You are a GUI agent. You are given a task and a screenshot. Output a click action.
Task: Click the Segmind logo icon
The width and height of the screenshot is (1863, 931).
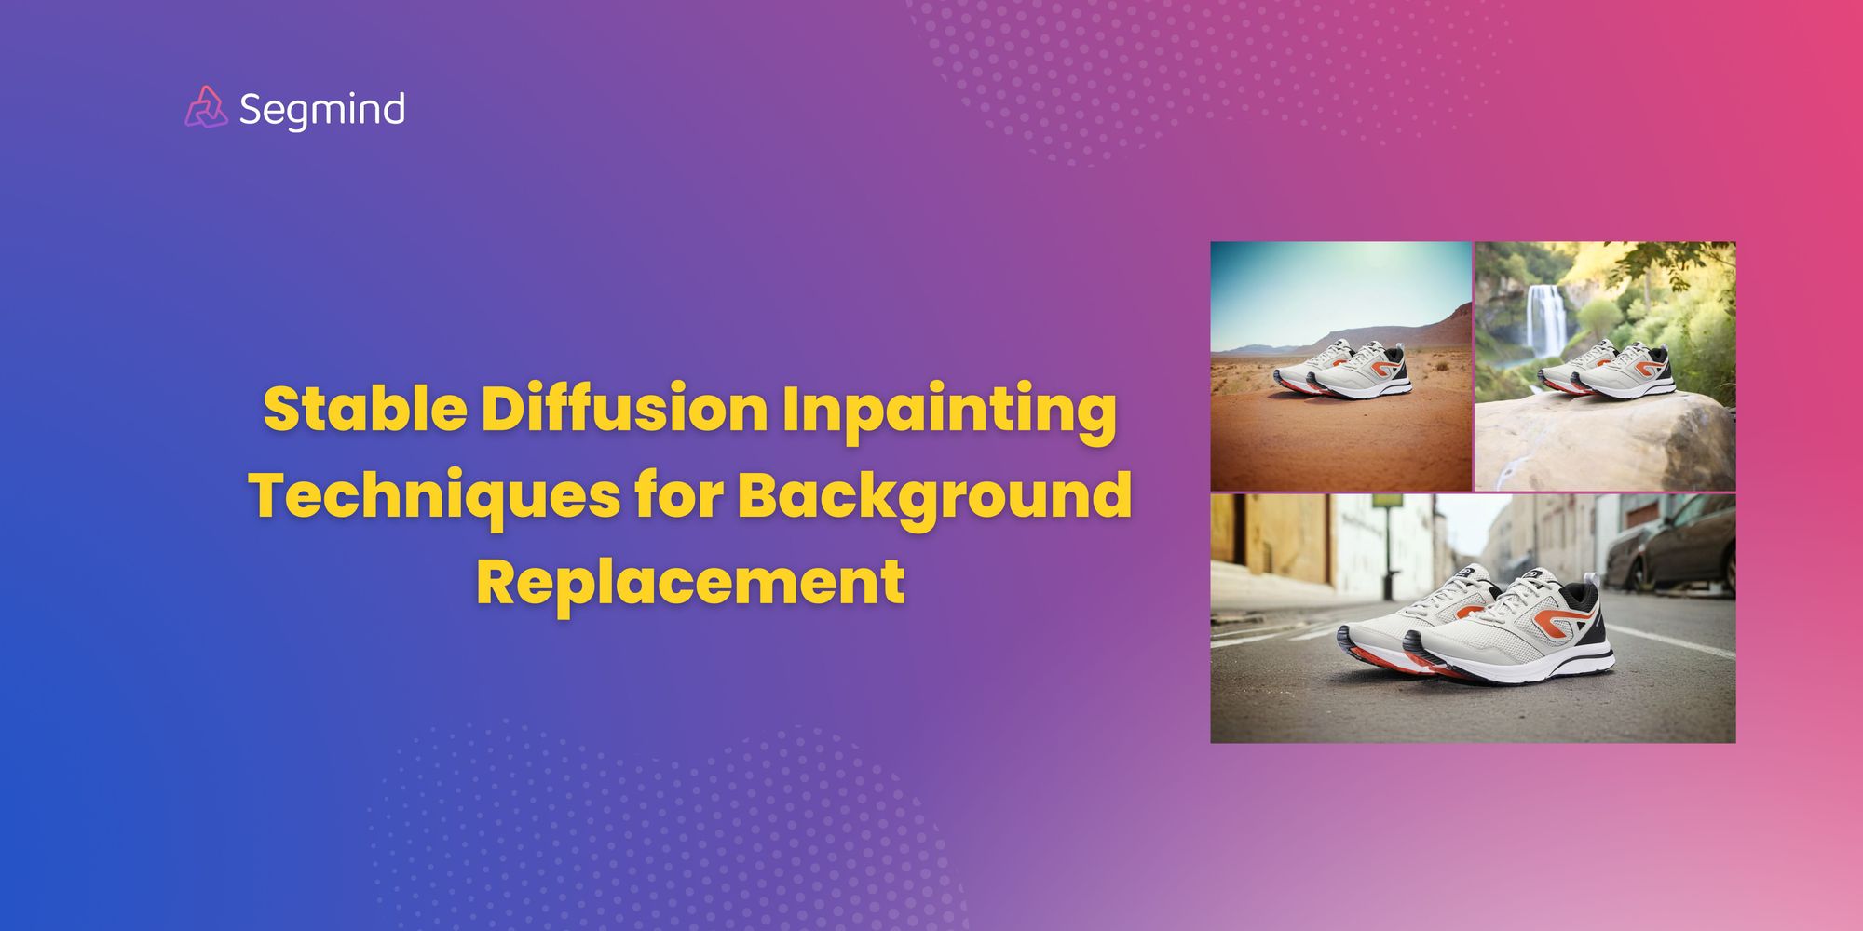click(x=206, y=107)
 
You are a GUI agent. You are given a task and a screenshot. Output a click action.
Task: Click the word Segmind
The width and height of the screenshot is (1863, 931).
click(x=321, y=110)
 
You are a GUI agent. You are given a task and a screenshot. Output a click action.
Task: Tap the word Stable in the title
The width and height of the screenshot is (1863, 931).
click(x=364, y=410)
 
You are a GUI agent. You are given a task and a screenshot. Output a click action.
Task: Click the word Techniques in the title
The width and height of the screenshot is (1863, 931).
click(x=434, y=496)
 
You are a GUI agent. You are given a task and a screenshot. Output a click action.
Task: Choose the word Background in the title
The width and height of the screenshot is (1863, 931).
click(x=935, y=496)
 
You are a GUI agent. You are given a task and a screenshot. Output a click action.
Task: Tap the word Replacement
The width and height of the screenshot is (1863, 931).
click(x=690, y=583)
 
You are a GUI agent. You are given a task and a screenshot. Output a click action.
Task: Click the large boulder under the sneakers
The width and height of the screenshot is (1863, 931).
click(x=1602, y=442)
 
